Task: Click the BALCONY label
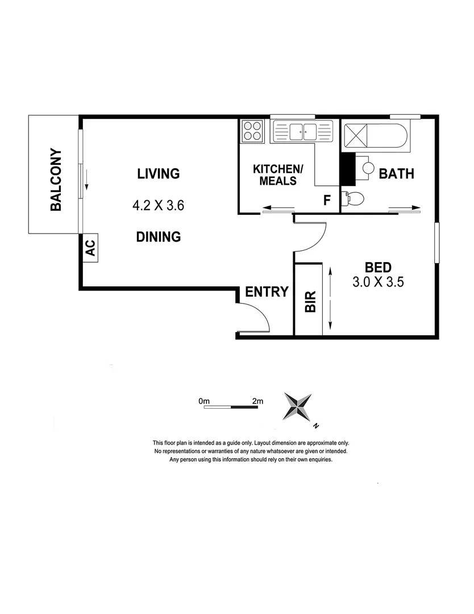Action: tap(56, 180)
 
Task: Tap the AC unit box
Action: tap(91, 248)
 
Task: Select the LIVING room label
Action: tap(158, 173)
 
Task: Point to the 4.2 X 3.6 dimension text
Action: tap(158, 205)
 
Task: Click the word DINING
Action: tap(158, 237)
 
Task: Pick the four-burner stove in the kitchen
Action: tap(252, 131)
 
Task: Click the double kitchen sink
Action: tap(302, 132)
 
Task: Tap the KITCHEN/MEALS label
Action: tap(276, 175)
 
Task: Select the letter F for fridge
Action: tap(327, 200)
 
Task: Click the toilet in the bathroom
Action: tap(354, 198)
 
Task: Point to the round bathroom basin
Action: tap(368, 168)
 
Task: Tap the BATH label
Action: tap(397, 173)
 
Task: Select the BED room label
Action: tap(377, 267)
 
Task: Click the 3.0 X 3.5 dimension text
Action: tap(377, 283)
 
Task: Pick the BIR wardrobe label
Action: tap(310, 301)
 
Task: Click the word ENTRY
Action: tap(267, 292)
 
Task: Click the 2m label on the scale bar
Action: tap(257, 401)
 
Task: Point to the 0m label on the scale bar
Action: tap(205, 401)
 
